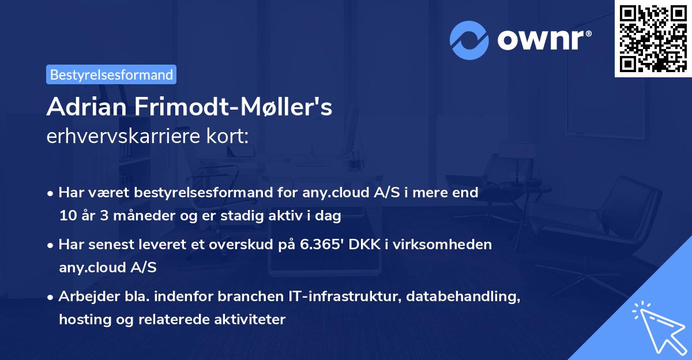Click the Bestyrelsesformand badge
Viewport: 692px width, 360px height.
[x=111, y=74]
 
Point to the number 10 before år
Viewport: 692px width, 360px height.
[x=67, y=216]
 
